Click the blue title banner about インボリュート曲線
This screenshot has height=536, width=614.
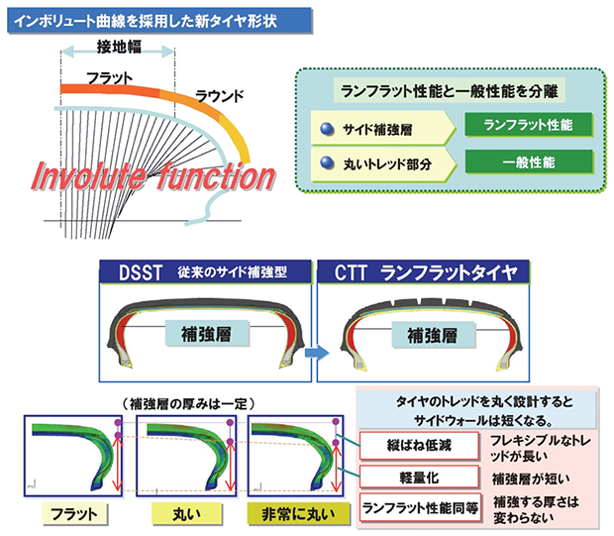pos(159,21)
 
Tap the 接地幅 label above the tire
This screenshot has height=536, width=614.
pos(119,47)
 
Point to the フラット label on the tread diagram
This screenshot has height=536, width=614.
pos(110,78)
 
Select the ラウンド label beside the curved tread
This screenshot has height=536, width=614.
pos(220,96)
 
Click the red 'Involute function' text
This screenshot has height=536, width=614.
pos(153,177)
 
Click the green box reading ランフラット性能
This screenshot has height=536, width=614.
pos(529,125)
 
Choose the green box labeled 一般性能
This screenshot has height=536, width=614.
pos(529,161)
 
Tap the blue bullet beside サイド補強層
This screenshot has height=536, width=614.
pos(327,129)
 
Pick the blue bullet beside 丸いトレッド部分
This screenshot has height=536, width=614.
pos(327,163)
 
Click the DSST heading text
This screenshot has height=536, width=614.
pos(141,272)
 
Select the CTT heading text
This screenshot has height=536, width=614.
pos(351,272)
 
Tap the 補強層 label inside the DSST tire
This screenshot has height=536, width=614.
pos(207,334)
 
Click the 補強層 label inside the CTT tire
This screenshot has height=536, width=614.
pos(433,336)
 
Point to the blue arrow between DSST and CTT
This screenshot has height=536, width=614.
pos(317,353)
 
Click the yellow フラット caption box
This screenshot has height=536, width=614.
pos(74,514)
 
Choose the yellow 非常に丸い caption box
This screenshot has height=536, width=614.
pos(298,514)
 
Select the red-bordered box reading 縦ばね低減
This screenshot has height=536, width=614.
pos(419,446)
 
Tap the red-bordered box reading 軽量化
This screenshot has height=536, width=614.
pos(419,478)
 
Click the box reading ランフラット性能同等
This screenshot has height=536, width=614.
pos(420,508)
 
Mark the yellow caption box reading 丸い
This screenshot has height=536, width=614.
pos(186,514)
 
